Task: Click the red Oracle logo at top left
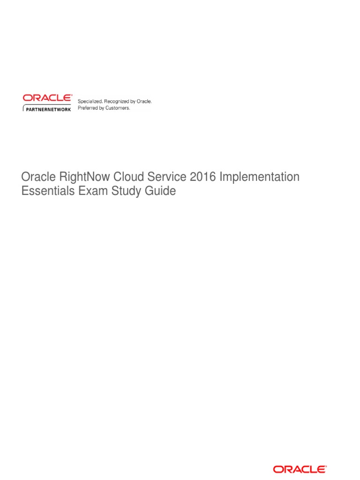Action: (47, 98)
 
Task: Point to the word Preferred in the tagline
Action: (88, 108)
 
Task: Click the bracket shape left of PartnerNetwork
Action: (24, 109)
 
